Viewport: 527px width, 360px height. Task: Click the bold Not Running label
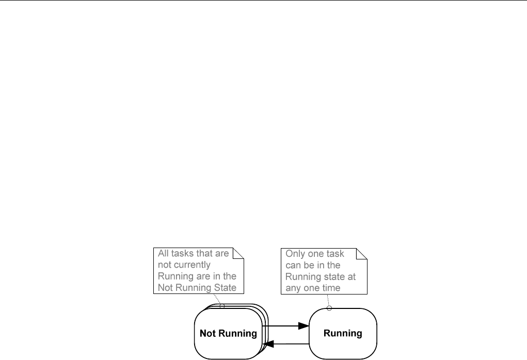[228, 333]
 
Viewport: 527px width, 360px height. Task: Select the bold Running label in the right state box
[343, 333]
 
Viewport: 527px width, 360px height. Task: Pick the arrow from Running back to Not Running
[286, 344]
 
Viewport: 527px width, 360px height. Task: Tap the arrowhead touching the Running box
[304, 326]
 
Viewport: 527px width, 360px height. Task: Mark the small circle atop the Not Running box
[222, 306]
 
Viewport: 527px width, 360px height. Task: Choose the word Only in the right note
[295, 254]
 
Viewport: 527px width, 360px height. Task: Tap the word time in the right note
[330, 288]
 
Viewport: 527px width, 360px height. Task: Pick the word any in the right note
[294, 288]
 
